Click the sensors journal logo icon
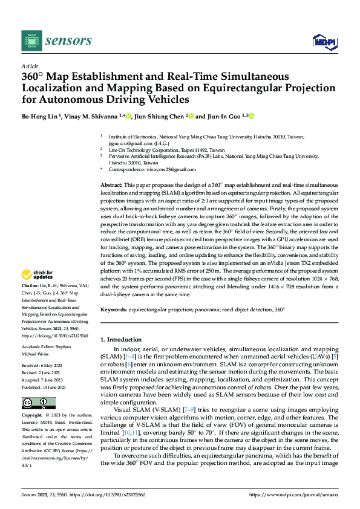coord(31,41)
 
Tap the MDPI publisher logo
coord(323,41)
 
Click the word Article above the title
coord(30,66)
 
